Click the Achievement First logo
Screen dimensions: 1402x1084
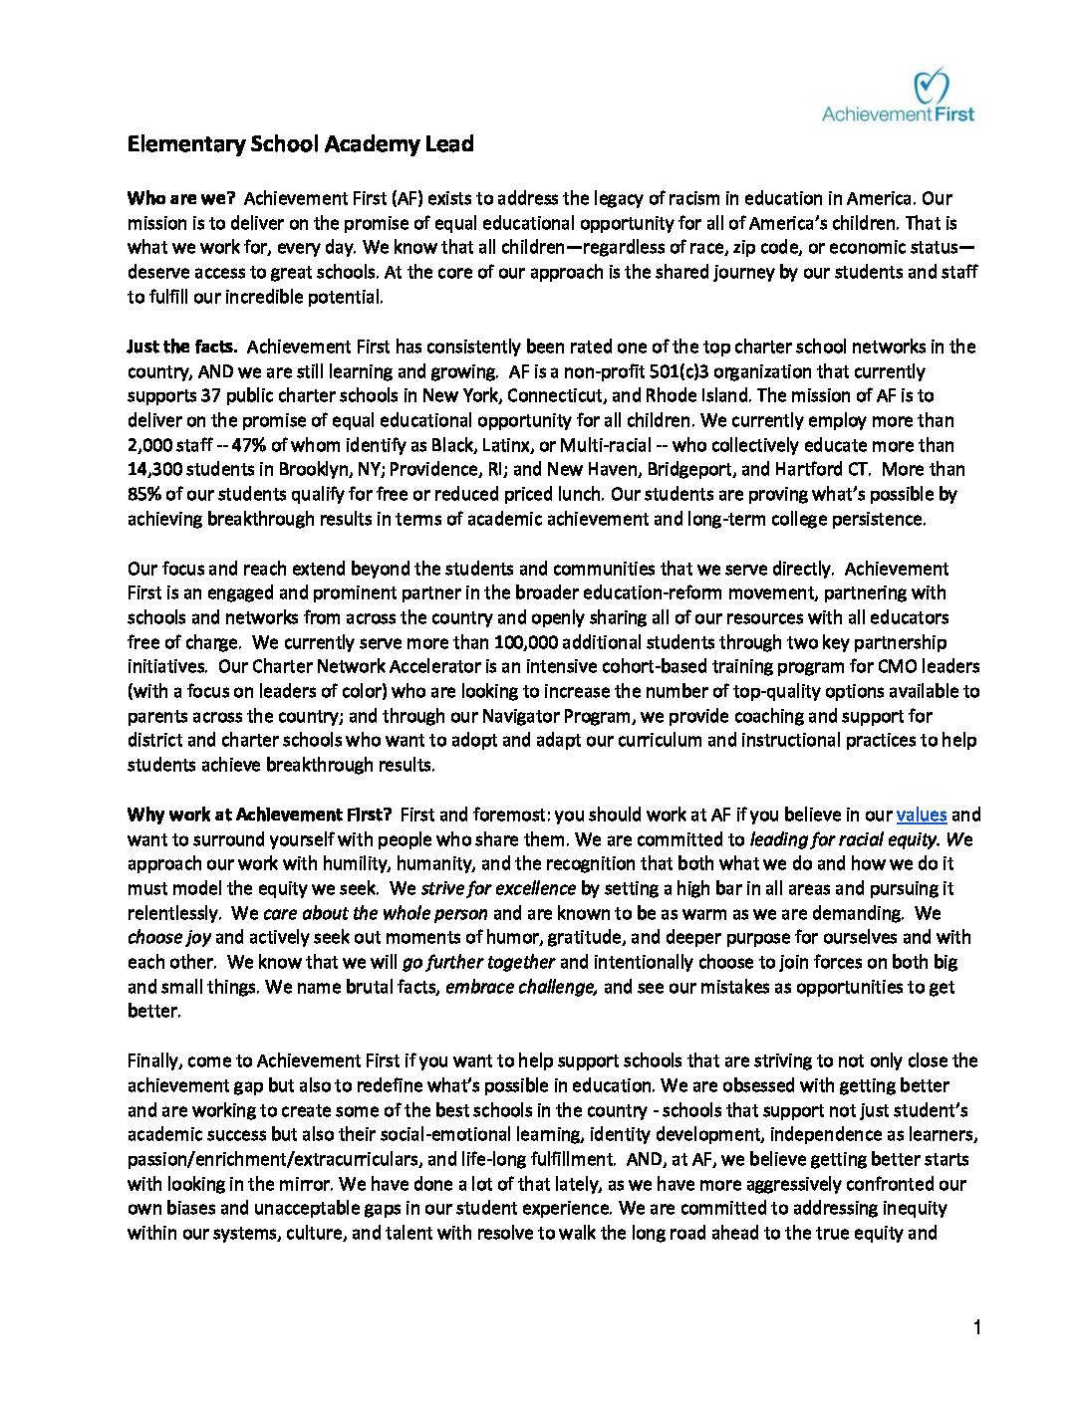tap(898, 97)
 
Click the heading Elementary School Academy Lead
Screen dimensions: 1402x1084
tap(300, 144)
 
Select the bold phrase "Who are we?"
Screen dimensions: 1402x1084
tap(180, 198)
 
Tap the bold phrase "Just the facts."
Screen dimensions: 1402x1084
tap(182, 347)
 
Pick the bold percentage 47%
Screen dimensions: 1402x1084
tap(248, 445)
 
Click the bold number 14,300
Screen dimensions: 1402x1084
tap(154, 469)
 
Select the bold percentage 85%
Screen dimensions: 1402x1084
tap(144, 494)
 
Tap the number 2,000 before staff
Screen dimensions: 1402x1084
tap(149, 445)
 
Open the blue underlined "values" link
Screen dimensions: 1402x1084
tap(922, 815)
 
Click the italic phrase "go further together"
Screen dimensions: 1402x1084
tap(478, 962)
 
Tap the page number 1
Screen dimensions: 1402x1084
tap(977, 1327)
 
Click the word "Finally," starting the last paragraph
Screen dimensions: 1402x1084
tap(153, 1060)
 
